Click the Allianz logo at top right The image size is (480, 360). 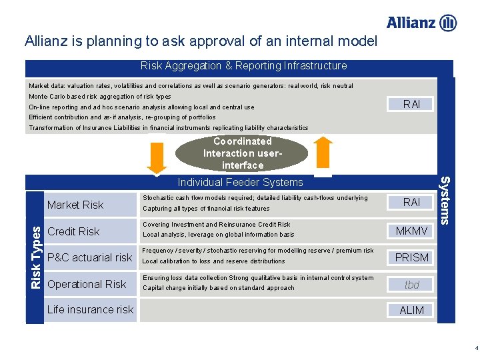(421, 23)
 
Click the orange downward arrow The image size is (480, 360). (157, 154)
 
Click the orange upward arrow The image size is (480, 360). (323, 153)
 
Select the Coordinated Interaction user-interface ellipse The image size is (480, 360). (242, 153)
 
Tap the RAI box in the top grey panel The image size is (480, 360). (412, 104)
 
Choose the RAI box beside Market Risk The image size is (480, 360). (412, 202)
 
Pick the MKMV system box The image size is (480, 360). (412, 231)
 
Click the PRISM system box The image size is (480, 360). (412, 257)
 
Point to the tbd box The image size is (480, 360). (412, 285)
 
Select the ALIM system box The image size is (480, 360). (412, 310)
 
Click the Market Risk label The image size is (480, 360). (75, 205)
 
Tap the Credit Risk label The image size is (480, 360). (74, 231)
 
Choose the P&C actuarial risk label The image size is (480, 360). (90, 257)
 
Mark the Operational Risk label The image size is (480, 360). (87, 284)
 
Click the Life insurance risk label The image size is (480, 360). (90, 309)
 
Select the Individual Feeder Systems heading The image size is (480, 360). (240, 182)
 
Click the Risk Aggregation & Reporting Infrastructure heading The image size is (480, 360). (243, 66)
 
